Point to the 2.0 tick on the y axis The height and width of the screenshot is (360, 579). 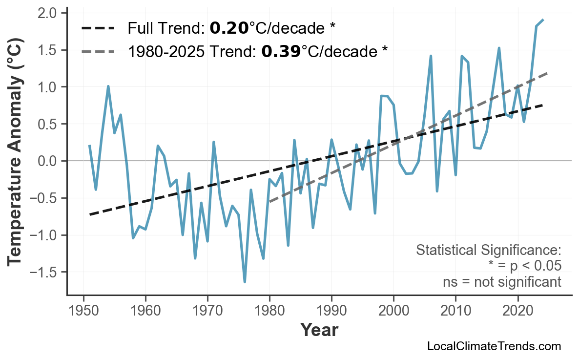tap(48, 13)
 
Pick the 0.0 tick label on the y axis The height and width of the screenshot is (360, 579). tap(48, 161)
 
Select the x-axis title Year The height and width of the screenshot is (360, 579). tap(318, 330)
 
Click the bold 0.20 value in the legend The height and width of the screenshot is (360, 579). tap(229, 28)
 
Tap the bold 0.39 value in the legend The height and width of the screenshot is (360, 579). tap(281, 51)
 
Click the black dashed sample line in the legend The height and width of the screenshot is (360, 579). tap(98, 28)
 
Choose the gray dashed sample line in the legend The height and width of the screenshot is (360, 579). tap(98, 51)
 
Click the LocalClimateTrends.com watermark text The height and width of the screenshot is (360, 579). tap(494, 346)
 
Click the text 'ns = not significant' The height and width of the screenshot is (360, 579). tap(502, 282)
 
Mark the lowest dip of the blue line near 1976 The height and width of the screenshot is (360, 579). tap(245, 282)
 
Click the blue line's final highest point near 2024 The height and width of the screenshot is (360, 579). tap(543, 20)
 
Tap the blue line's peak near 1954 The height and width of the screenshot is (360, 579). tap(108, 86)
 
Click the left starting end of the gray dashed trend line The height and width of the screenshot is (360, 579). tap(270, 202)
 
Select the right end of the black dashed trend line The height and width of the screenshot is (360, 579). tap(543, 105)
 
